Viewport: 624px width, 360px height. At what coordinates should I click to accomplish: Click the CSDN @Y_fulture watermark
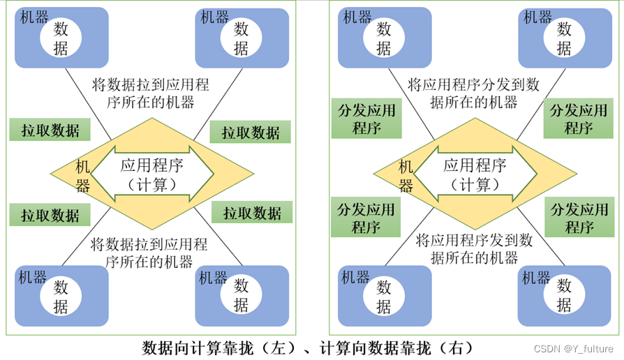point(574,348)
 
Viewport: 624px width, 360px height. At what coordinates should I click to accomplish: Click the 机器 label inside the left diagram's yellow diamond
point(83,177)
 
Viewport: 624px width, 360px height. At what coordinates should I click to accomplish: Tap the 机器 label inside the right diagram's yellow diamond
point(406,177)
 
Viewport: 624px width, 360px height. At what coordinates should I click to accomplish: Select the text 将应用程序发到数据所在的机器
point(474,249)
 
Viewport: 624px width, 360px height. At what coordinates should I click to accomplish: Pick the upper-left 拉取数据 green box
point(50,130)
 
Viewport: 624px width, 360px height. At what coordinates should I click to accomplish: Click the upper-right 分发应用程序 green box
point(579,119)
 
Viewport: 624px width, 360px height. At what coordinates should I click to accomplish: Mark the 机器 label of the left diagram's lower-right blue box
point(214,278)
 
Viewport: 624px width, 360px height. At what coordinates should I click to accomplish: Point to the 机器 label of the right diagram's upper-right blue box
point(538,17)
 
